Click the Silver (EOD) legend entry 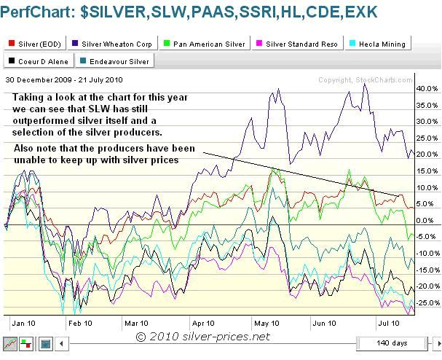(33, 44)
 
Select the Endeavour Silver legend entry (115, 60)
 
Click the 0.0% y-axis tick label (426, 220)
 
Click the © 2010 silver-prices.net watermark (207, 337)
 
